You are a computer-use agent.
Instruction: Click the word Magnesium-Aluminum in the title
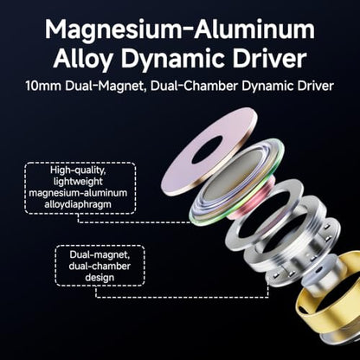(180, 29)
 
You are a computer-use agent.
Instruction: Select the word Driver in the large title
(270, 59)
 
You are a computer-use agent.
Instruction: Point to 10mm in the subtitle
(43, 86)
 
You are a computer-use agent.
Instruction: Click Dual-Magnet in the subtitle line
(106, 87)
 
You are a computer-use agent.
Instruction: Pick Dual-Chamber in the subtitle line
(194, 87)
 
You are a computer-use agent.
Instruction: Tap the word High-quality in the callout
(78, 170)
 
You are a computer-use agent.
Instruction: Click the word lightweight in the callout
(78, 182)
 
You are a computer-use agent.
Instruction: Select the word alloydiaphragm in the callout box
(78, 204)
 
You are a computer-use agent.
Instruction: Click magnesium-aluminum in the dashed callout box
(78, 193)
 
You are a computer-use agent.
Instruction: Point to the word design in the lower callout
(100, 278)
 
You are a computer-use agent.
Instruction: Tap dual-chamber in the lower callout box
(100, 266)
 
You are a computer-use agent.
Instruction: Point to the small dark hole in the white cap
(318, 271)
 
